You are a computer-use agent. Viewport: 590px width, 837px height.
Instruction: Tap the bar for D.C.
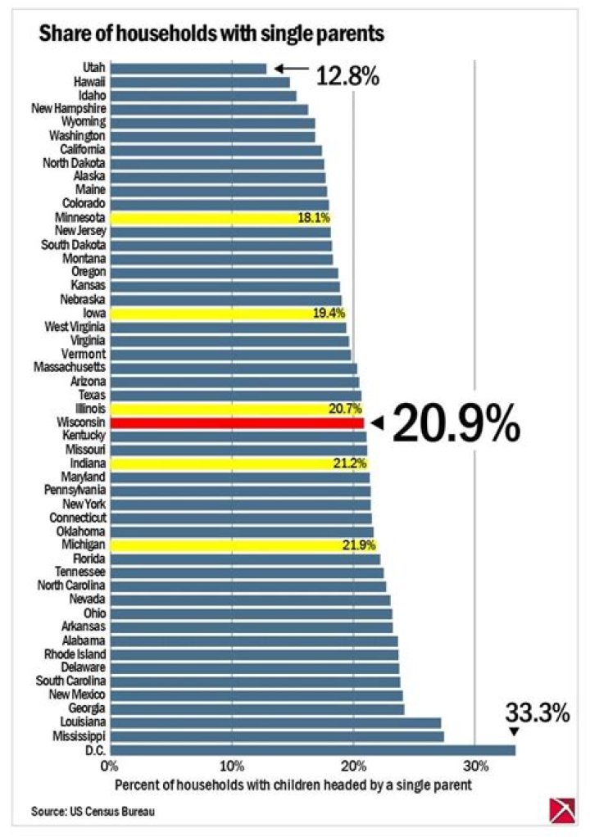click(x=311, y=750)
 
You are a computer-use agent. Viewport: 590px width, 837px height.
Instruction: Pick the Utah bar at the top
click(x=188, y=69)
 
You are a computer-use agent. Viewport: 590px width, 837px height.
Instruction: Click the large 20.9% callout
click(x=456, y=423)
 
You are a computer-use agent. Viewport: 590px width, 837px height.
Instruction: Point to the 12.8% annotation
click(x=347, y=77)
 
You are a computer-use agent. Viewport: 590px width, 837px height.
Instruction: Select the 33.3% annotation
click(x=536, y=712)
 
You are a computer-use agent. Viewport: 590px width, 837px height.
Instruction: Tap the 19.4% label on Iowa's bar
click(x=327, y=314)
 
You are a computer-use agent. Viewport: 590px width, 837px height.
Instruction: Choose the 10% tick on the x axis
click(x=232, y=767)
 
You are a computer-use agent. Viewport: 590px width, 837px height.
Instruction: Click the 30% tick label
click(x=475, y=767)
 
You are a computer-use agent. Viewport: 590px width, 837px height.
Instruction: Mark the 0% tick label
click(x=109, y=767)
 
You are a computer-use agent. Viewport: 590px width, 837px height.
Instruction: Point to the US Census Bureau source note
click(x=93, y=812)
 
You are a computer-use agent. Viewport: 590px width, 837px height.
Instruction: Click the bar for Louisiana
click(x=275, y=723)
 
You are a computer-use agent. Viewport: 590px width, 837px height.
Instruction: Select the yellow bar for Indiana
click(x=238, y=464)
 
